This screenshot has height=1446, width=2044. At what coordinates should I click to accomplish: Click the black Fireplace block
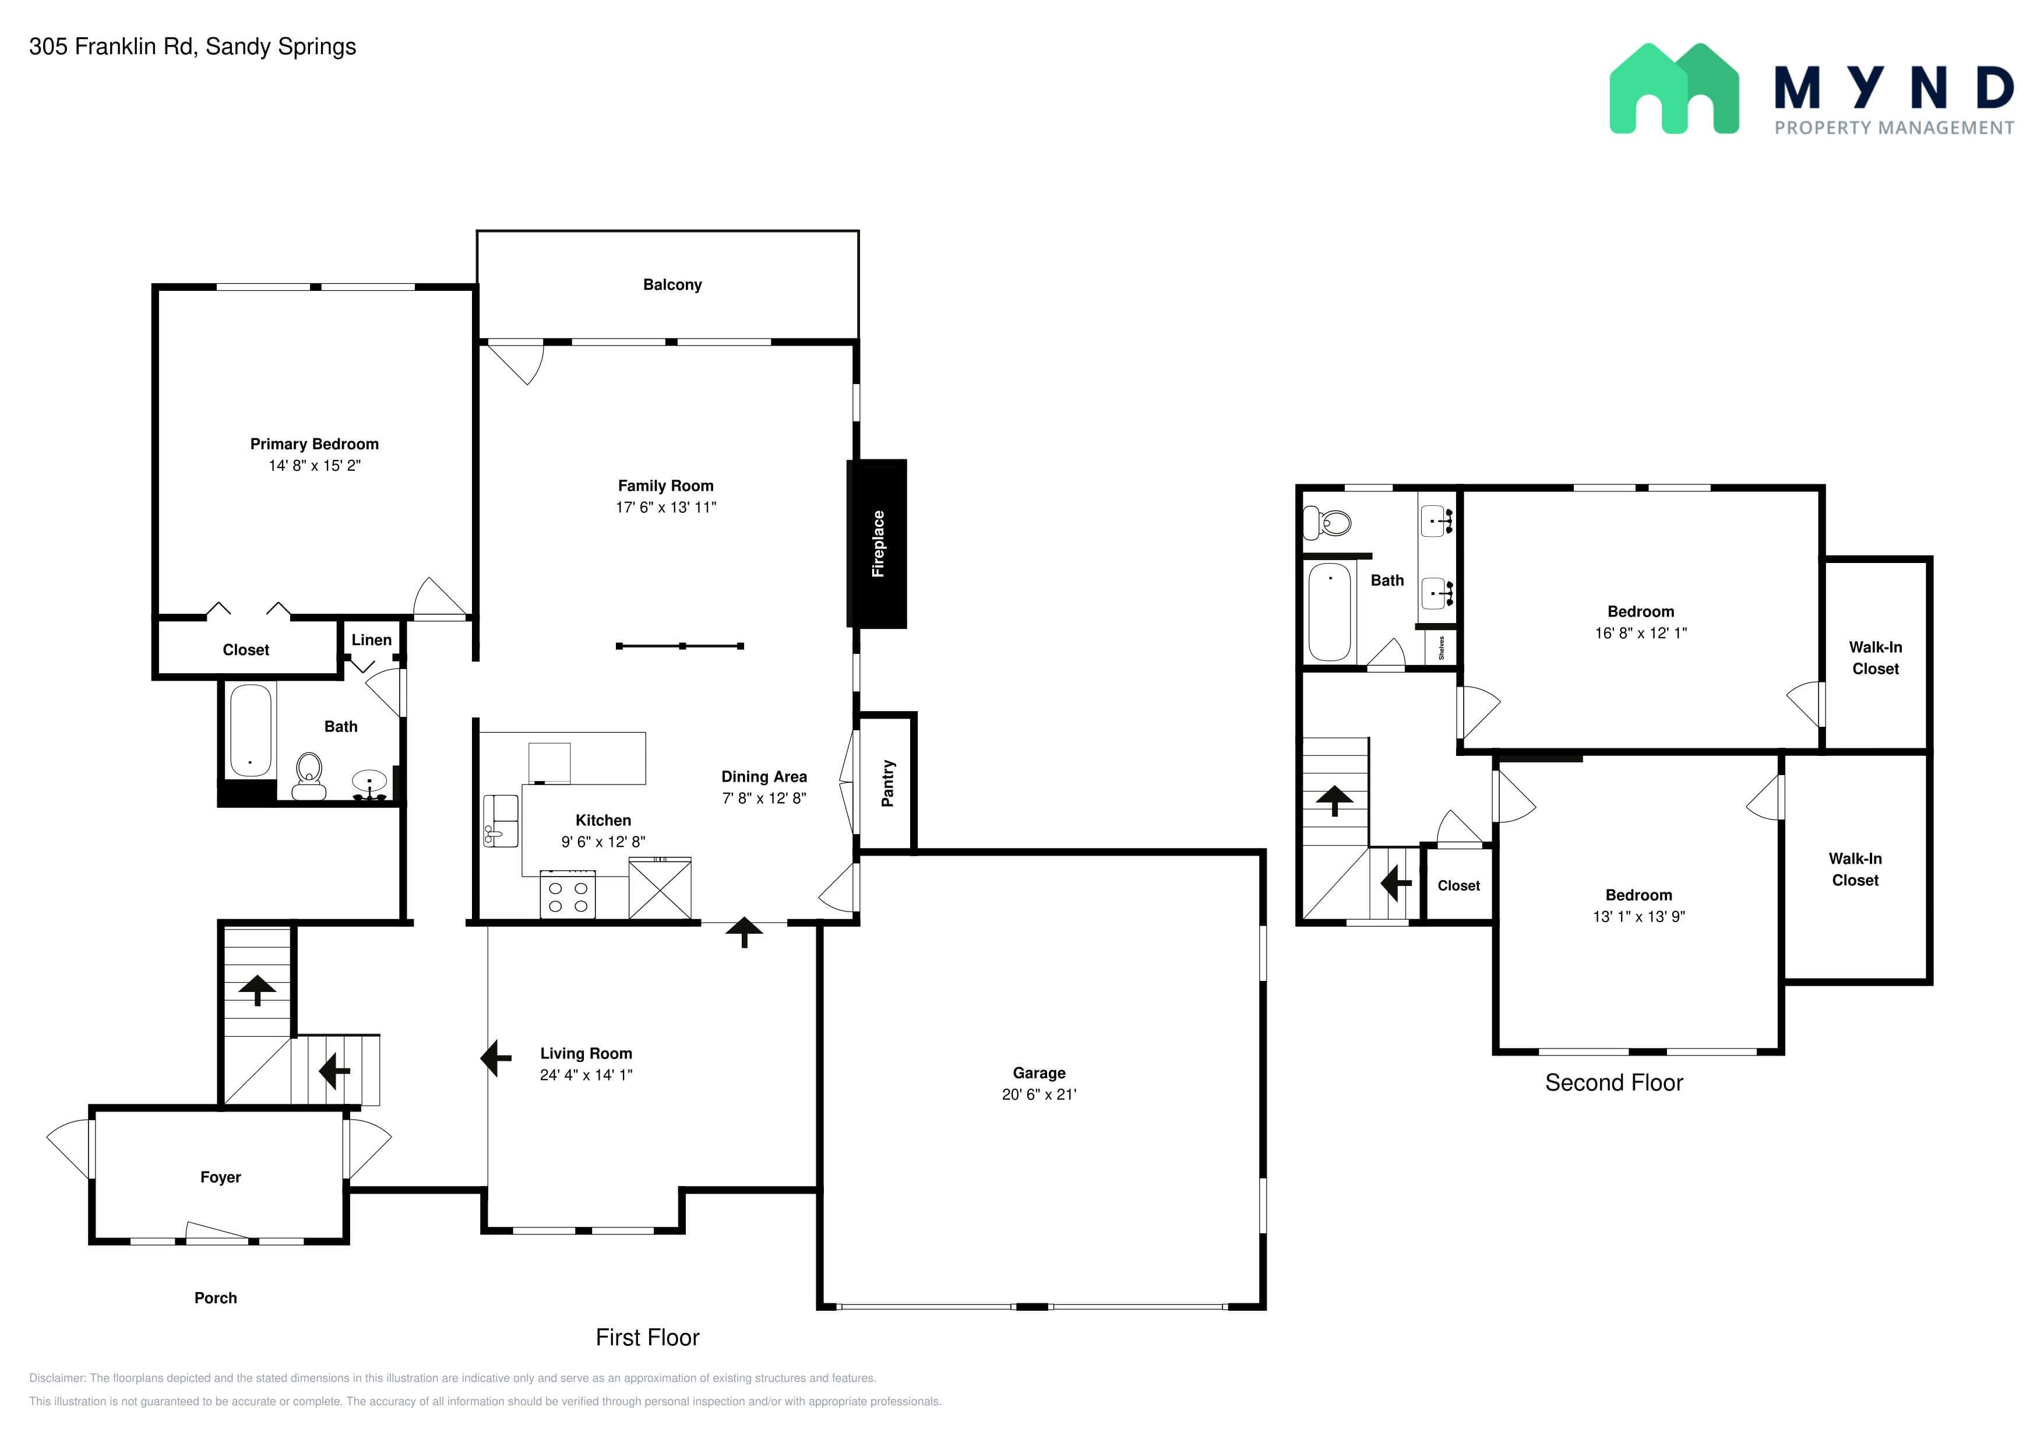(x=877, y=543)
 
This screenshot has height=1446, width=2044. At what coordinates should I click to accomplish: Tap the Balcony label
(x=672, y=285)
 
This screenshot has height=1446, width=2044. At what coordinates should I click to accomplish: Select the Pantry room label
(x=887, y=783)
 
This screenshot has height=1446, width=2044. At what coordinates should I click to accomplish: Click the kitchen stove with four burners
(x=568, y=896)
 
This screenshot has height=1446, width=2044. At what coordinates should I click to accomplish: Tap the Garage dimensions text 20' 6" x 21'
(x=1039, y=1095)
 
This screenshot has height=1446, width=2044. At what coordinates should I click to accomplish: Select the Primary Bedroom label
(x=314, y=444)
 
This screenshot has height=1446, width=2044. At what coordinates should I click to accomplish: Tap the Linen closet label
(x=371, y=640)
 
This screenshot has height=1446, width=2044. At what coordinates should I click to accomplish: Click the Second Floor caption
(x=1614, y=1083)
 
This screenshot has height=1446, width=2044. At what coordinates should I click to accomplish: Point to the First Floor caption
(x=647, y=1338)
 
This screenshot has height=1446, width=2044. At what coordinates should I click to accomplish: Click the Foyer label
(x=221, y=1178)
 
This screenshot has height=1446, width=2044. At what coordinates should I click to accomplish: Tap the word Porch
(x=216, y=1298)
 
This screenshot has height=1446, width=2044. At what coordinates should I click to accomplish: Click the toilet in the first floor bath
(x=309, y=776)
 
